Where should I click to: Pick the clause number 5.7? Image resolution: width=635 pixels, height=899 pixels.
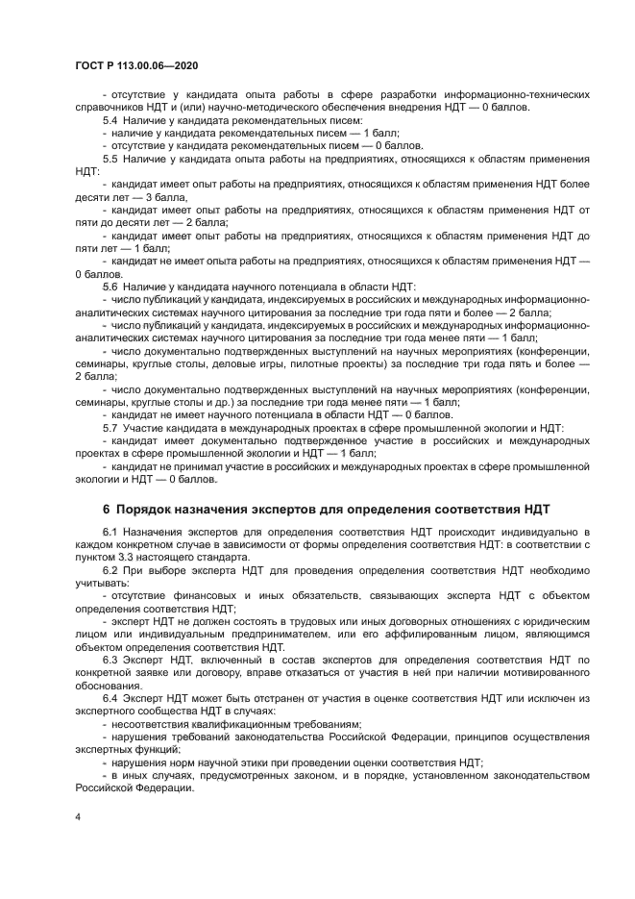[x=110, y=426]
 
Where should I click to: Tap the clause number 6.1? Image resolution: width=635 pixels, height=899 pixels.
[x=110, y=532]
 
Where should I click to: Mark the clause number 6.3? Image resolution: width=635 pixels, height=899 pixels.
[x=110, y=660]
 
